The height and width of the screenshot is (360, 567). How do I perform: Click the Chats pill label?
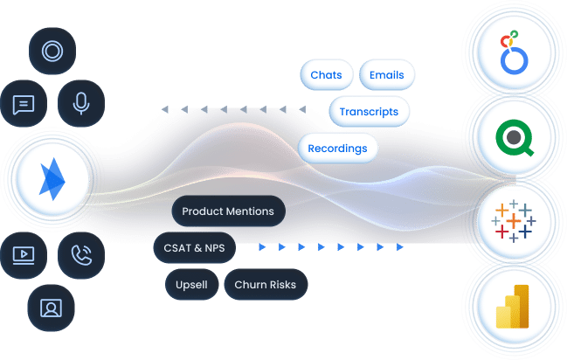(x=326, y=74)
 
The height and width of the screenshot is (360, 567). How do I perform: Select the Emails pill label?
(x=386, y=74)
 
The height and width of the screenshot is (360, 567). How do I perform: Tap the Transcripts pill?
(x=369, y=111)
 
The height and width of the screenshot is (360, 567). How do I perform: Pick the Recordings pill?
(x=337, y=148)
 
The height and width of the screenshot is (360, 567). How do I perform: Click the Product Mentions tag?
(x=227, y=211)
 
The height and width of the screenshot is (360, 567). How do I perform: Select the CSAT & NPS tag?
(x=194, y=248)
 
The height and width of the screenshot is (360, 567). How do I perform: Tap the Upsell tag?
(x=190, y=284)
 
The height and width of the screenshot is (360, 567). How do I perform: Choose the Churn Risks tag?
(x=266, y=284)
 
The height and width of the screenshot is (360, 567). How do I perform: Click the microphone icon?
(x=81, y=103)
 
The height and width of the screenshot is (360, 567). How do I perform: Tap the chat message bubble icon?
(x=24, y=103)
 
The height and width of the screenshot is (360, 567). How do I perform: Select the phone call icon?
(x=81, y=254)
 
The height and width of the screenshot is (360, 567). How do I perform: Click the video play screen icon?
(x=24, y=254)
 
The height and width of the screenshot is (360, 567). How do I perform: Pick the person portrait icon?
(x=52, y=307)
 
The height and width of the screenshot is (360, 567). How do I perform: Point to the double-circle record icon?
(x=52, y=51)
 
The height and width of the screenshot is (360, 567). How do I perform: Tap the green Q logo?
(x=512, y=136)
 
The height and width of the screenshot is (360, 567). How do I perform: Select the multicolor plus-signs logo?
(x=512, y=220)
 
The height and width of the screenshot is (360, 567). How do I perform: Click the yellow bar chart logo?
(x=512, y=308)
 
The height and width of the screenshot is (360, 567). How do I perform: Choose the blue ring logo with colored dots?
(x=512, y=51)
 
